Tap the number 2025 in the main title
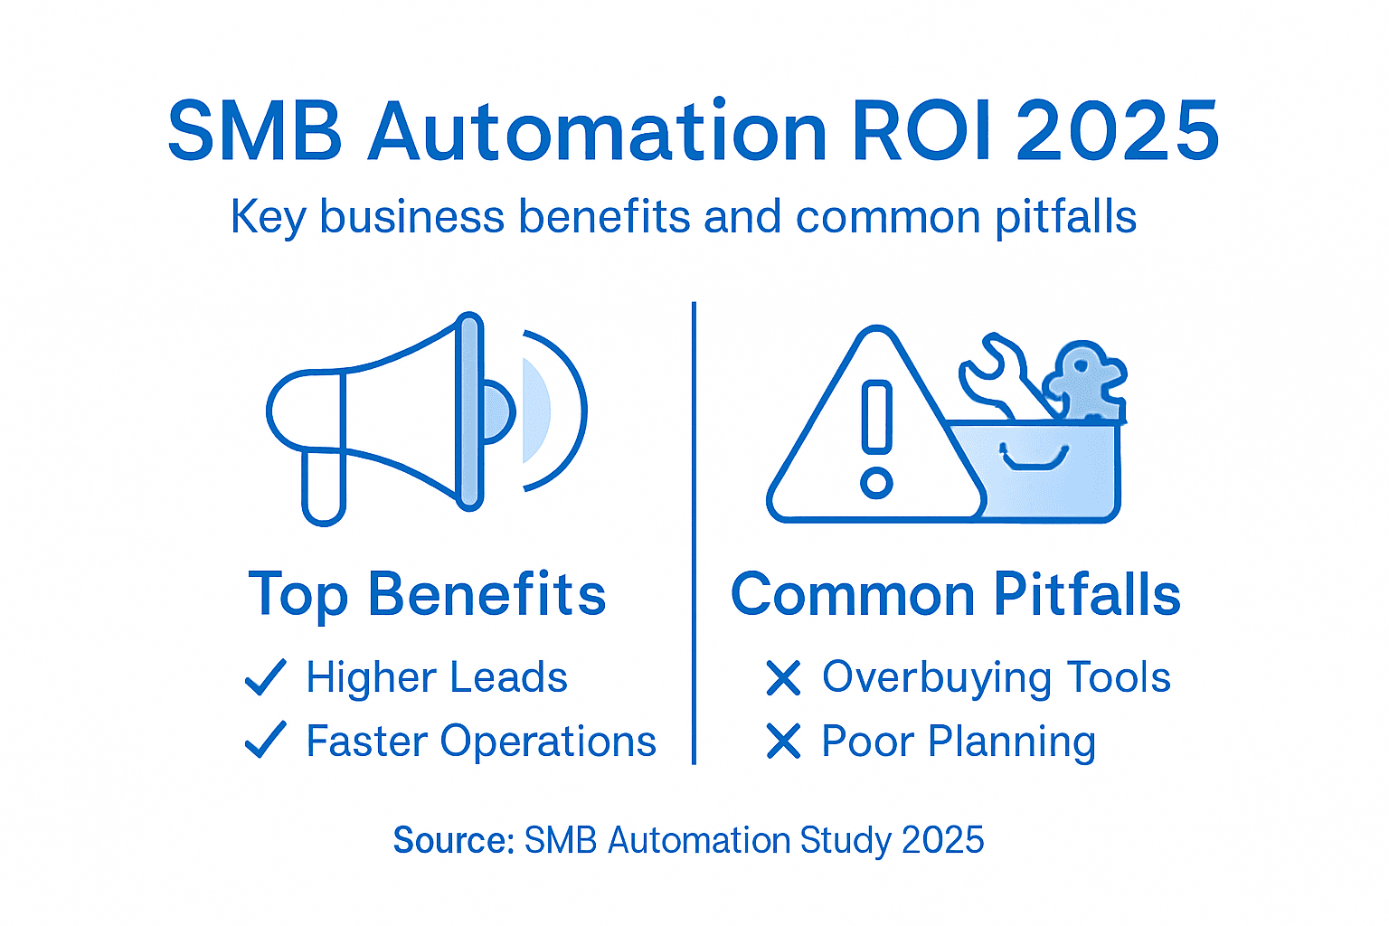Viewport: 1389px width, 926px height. pos(1118,131)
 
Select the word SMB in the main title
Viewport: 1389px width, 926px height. pos(256,131)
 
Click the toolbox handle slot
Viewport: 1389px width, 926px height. pos(1035,458)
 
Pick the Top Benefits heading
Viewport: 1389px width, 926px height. pos(427,595)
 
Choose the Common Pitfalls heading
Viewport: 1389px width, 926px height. pos(955,595)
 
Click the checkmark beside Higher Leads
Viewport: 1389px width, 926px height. pos(266,677)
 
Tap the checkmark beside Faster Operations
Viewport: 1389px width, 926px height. pos(266,741)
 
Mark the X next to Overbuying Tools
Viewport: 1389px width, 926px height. pos(783,678)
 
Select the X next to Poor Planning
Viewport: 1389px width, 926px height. pos(783,742)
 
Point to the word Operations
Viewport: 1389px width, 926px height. pos(548,742)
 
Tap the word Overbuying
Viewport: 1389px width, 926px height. pos(936,678)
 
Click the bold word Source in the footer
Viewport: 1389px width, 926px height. pos(453,840)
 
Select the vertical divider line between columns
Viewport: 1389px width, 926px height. pos(694,534)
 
